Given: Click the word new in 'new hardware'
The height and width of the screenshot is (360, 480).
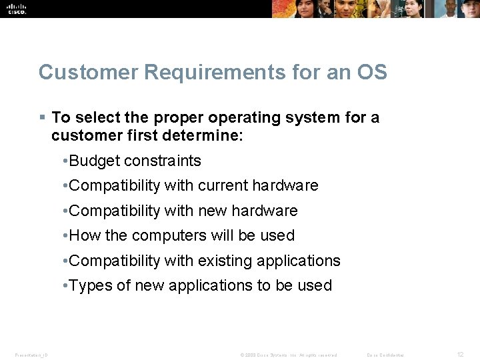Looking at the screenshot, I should click(x=212, y=211).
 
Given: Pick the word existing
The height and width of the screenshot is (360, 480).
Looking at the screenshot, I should click(x=225, y=261).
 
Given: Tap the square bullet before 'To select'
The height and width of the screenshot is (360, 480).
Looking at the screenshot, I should click(x=42, y=117).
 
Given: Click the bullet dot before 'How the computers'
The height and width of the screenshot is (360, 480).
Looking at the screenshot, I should click(x=63, y=236).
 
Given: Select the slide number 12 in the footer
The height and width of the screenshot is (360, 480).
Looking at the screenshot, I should click(x=461, y=354).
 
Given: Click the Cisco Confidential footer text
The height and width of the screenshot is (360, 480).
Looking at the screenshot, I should click(x=385, y=355).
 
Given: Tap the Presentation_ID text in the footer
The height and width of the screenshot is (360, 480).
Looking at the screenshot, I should click(x=31, y=355).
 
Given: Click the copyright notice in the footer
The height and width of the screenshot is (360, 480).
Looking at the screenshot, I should click(x=289, y=355).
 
